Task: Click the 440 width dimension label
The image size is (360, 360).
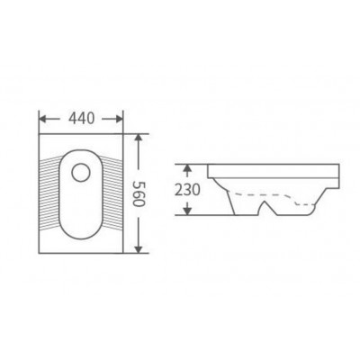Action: [x=82, y=119]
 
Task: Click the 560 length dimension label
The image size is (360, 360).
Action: [x=139, y=193]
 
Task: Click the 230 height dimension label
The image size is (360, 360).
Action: [x=187, y=190]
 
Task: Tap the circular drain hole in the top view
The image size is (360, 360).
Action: [x=81, y=173]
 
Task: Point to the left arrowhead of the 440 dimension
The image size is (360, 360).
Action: [x=43, y=119]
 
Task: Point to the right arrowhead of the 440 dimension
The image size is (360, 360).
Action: [x=119, y=119]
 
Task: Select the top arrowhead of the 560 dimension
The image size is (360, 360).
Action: [x=138, y=138]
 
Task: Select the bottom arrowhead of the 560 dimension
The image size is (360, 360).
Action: [x=138, y=248]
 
